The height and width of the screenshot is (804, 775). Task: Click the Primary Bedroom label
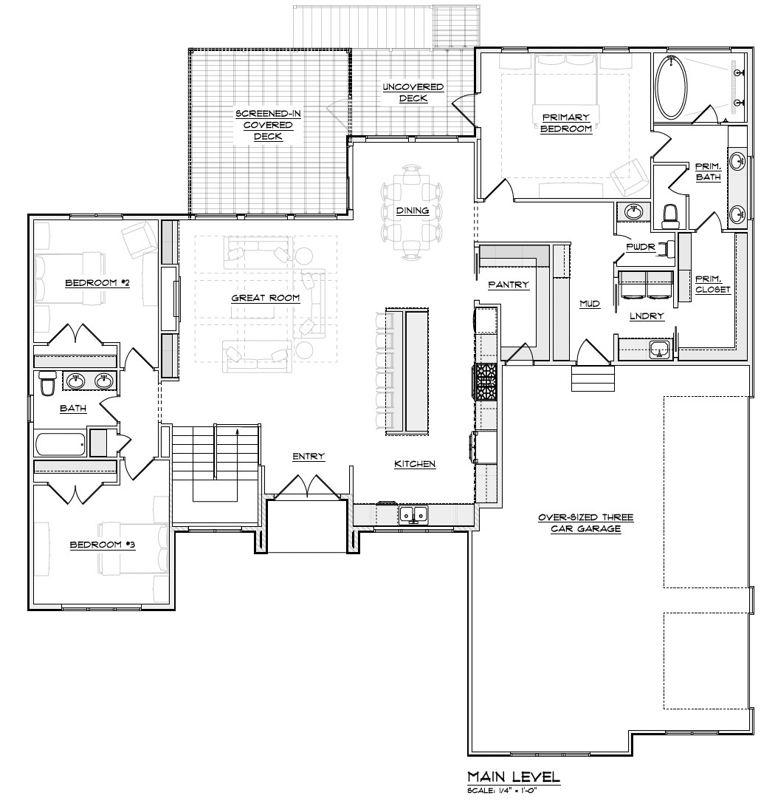click(566, 123)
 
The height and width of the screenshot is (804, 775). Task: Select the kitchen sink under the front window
click(413, 514)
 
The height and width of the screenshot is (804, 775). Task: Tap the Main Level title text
click(514, 777)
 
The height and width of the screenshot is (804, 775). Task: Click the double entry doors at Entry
click(307, 486)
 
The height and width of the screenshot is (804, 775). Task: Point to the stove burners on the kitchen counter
click(487, 381)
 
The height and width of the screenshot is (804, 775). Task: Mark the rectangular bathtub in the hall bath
click(61, 445)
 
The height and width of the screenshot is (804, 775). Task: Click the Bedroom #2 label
click(97, 282)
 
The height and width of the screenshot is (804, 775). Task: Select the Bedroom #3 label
click(103, 545)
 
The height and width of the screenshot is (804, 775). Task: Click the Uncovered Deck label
click(413, 92)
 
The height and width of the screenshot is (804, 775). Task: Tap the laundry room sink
click(659, 350)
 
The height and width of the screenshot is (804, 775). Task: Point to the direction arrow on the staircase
click(237, 436)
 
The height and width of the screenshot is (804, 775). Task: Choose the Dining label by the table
click(412, 211)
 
